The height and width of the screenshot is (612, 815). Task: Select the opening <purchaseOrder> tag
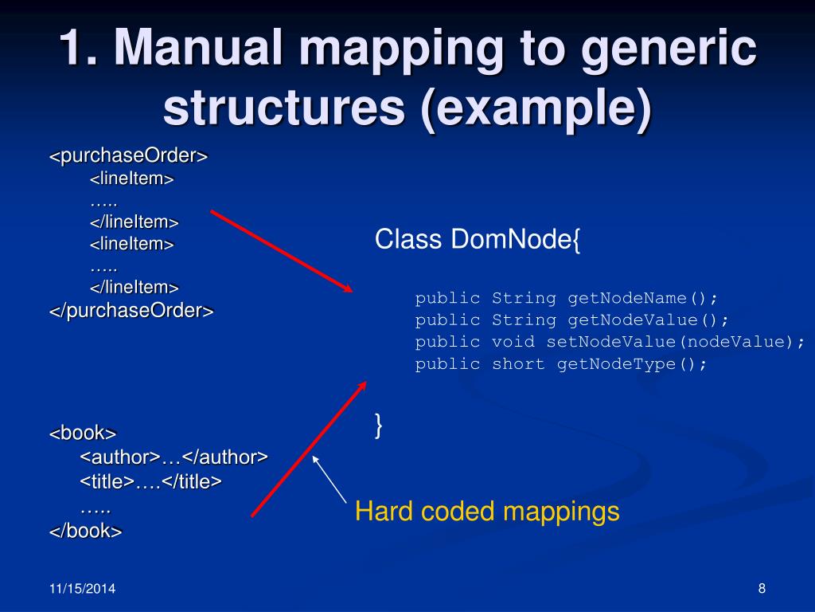(x=129, y=155)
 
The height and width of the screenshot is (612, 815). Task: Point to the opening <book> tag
(x=83, y=433)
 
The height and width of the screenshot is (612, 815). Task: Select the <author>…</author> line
(x=174, y=457)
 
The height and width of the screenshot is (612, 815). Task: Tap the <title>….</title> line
(x=150, y=481)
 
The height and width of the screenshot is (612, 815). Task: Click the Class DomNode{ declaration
(x=478, y=239)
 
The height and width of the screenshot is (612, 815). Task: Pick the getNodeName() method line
(x=566, y=298)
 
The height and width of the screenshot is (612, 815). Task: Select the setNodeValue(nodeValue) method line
(x=610, y=342)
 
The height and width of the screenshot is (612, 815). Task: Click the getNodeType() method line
(x=560, y=364)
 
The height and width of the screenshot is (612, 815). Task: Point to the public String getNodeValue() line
(x=571, y=320)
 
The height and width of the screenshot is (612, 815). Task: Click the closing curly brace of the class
(x=379, y=426)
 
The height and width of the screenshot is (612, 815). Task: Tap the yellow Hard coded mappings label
(x=487, y=512)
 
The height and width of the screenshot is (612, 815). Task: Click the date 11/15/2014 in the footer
(x=82, y=589)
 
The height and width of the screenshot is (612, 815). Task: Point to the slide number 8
(x=762, y=589)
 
